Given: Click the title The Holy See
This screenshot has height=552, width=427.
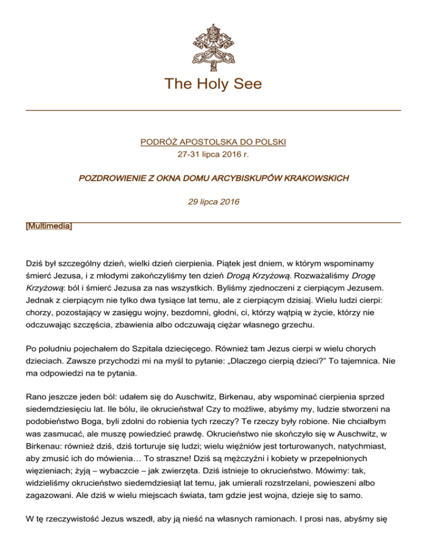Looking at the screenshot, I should click(x=213, y=84).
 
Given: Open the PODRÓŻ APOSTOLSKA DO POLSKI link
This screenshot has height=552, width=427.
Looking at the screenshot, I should click(x=213, y=142).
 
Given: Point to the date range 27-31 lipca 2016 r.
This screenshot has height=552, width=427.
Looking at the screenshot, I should click(x=213, y=154).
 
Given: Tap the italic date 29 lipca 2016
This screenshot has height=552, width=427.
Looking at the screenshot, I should click(x=213, y=202).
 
